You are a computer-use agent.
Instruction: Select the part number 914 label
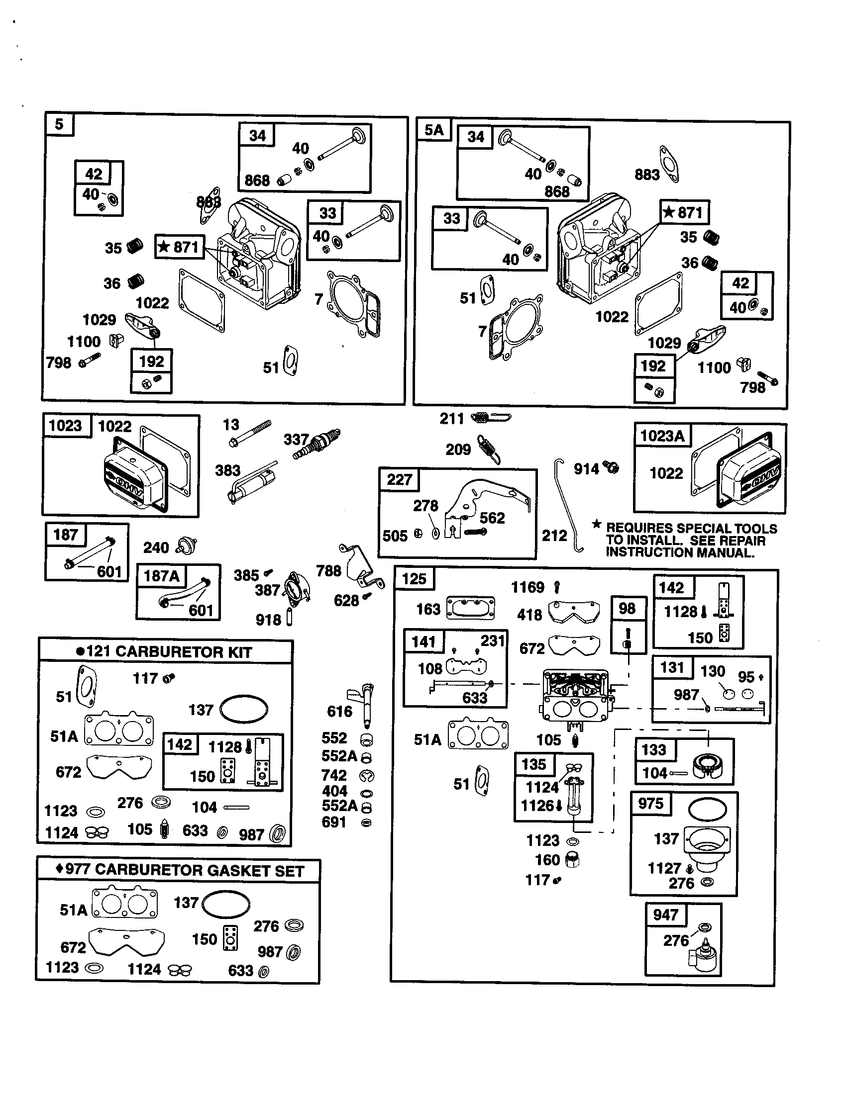pyautogui.click(x=586, y=469)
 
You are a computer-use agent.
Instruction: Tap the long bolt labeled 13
pyautogui.click(x=250, y=433)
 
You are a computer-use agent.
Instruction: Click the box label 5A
pyautogui.click(x=434, y=130)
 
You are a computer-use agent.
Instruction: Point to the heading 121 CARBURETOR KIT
pyautogui.click(x=165, y=652)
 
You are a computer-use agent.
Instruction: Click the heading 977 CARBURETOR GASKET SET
pyautogui.click(x=180, y=870)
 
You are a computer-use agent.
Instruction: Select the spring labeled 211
pyautogui.click(x=492, y=417)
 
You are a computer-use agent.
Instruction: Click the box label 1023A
pyautogui.click(x=662, y=436)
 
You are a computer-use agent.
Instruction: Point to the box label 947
pyautogui.click(x=665, y=915)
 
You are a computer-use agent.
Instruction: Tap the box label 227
pyautogui.click(x=399, y=480)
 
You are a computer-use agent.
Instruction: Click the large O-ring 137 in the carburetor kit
pyautogui.click(x=244, y=709)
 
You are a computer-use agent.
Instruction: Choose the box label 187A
pyautogui.click(x=161, y=576)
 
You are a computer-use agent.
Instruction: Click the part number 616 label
pyautogui.click(x=339, y=711)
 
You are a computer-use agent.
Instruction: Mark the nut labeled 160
pyautogui.click(x=572, y=860)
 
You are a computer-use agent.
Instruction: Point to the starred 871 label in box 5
pyautogui.click(x=180, y=247)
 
